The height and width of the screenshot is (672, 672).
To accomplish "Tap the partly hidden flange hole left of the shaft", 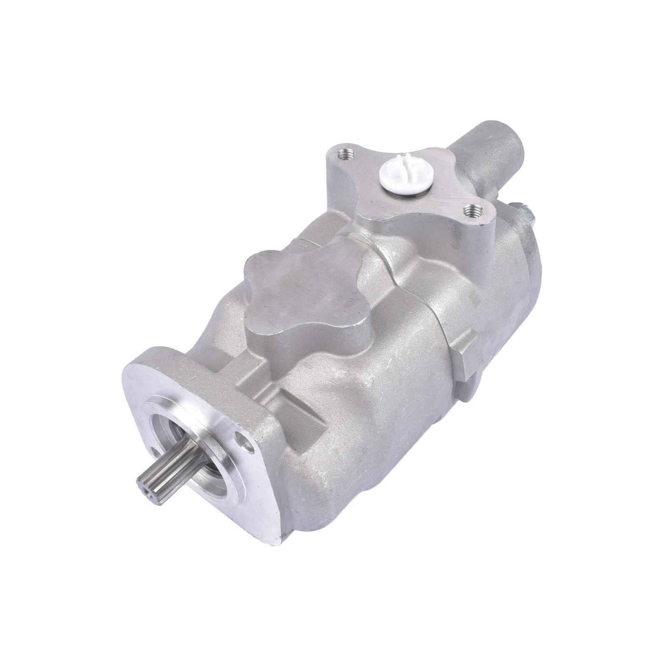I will pos(154,451).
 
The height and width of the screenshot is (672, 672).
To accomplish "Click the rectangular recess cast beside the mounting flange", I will pos(298,409).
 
